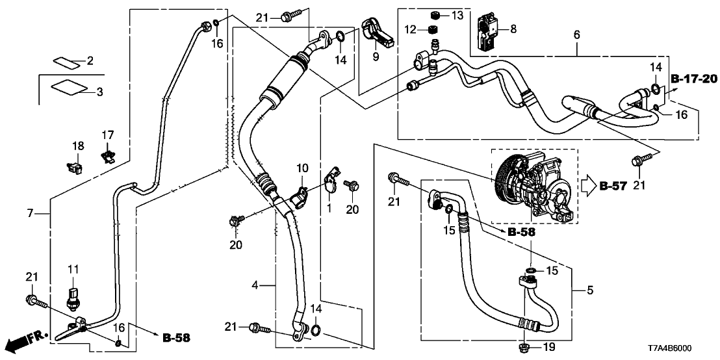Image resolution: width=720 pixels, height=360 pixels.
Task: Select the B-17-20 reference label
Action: tap(693, 79)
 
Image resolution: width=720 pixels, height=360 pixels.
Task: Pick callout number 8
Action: tap(513, 29)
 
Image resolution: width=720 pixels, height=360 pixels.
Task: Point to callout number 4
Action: tap(255, 285)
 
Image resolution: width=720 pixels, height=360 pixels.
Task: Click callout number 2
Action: tap(90, 61)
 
